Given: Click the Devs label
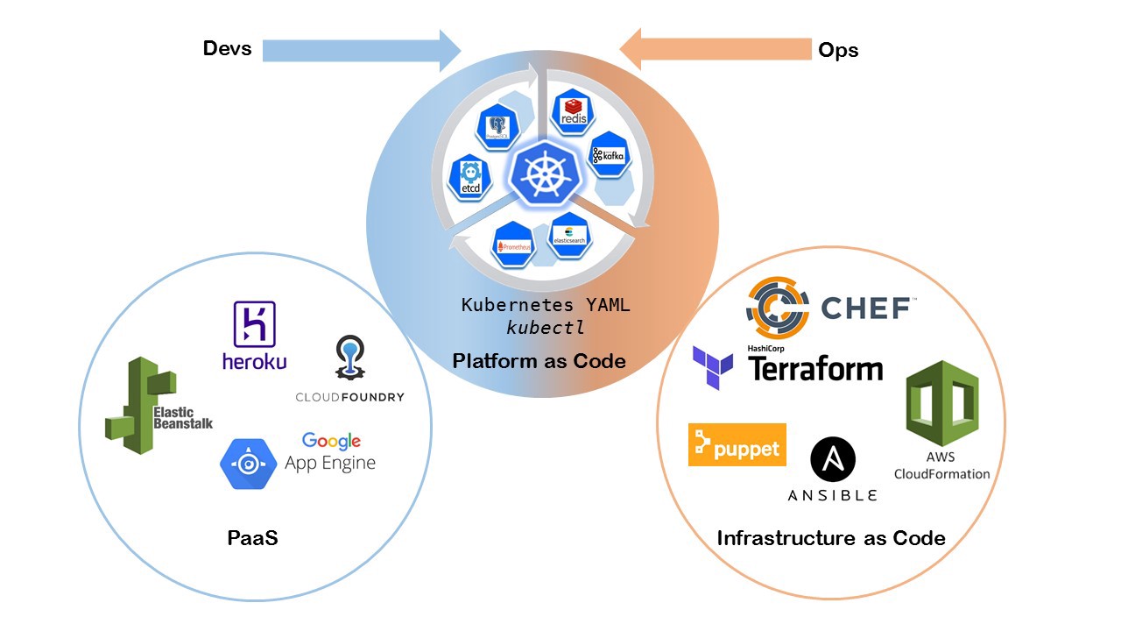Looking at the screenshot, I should point(227,48).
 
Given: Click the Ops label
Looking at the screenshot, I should point(838,50).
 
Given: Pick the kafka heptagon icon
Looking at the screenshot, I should point(608,156).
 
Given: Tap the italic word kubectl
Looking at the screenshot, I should point(546,328).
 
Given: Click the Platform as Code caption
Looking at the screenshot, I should point(539,361).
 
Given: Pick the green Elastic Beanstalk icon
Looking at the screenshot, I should point(140,406).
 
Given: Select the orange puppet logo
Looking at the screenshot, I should point(737,445).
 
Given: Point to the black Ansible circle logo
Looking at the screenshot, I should point(832,460).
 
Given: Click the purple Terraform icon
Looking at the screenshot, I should point(713,366).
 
